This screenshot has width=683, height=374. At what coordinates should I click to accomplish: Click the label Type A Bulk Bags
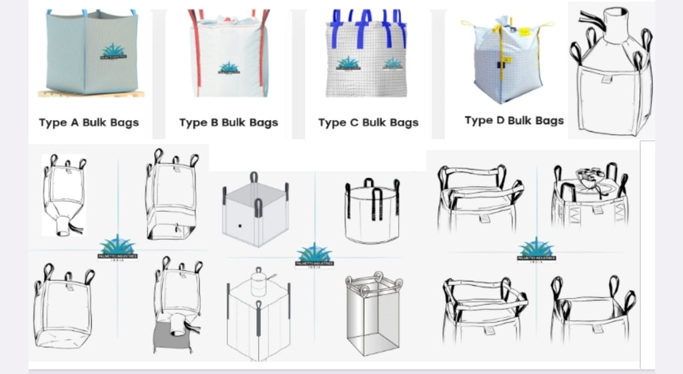[x=89, y=123]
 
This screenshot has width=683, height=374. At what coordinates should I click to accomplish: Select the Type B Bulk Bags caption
[x=228, y=123]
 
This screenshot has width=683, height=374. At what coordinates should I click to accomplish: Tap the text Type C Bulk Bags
[x=368, y=123]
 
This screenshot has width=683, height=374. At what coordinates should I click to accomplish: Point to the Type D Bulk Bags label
[x=514, y=121]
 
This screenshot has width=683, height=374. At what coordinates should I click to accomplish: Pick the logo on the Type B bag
[x=229, y=68]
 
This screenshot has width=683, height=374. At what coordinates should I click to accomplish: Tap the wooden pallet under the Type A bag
[x=91, y=93]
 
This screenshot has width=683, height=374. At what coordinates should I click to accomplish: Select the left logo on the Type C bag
[x=347, y=64]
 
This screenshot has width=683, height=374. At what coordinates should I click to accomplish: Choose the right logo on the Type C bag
[x=393, y=64]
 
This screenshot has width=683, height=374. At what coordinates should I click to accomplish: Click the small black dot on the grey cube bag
[x=238, y=227]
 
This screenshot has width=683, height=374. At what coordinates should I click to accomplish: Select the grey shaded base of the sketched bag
[x=172, y=336]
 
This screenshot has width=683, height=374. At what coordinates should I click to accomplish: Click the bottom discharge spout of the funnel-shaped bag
[x=62, y=227]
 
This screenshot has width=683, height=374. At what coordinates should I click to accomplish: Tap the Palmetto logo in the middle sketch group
[x=313, y=256]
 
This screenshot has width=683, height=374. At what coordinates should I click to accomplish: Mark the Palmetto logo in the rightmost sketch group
[x=536, y=251]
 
